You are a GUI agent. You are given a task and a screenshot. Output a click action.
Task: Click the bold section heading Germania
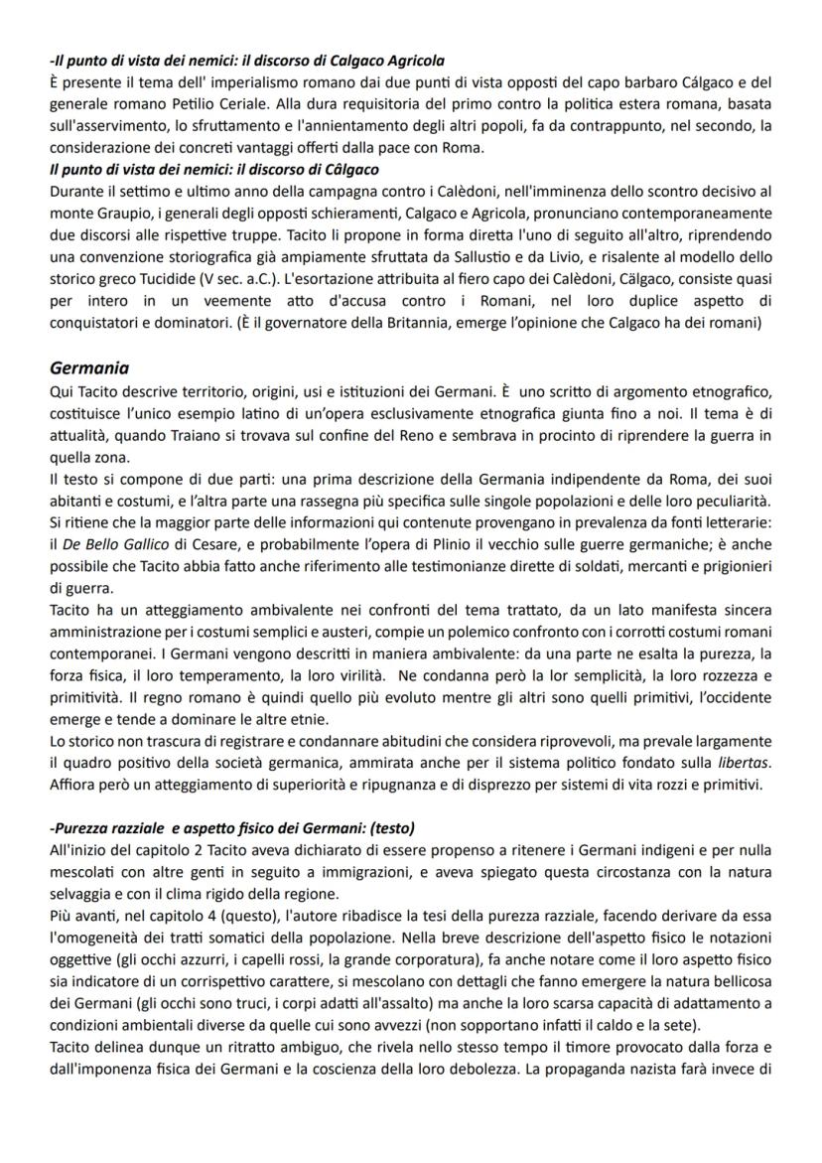(x=90, y=366)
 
